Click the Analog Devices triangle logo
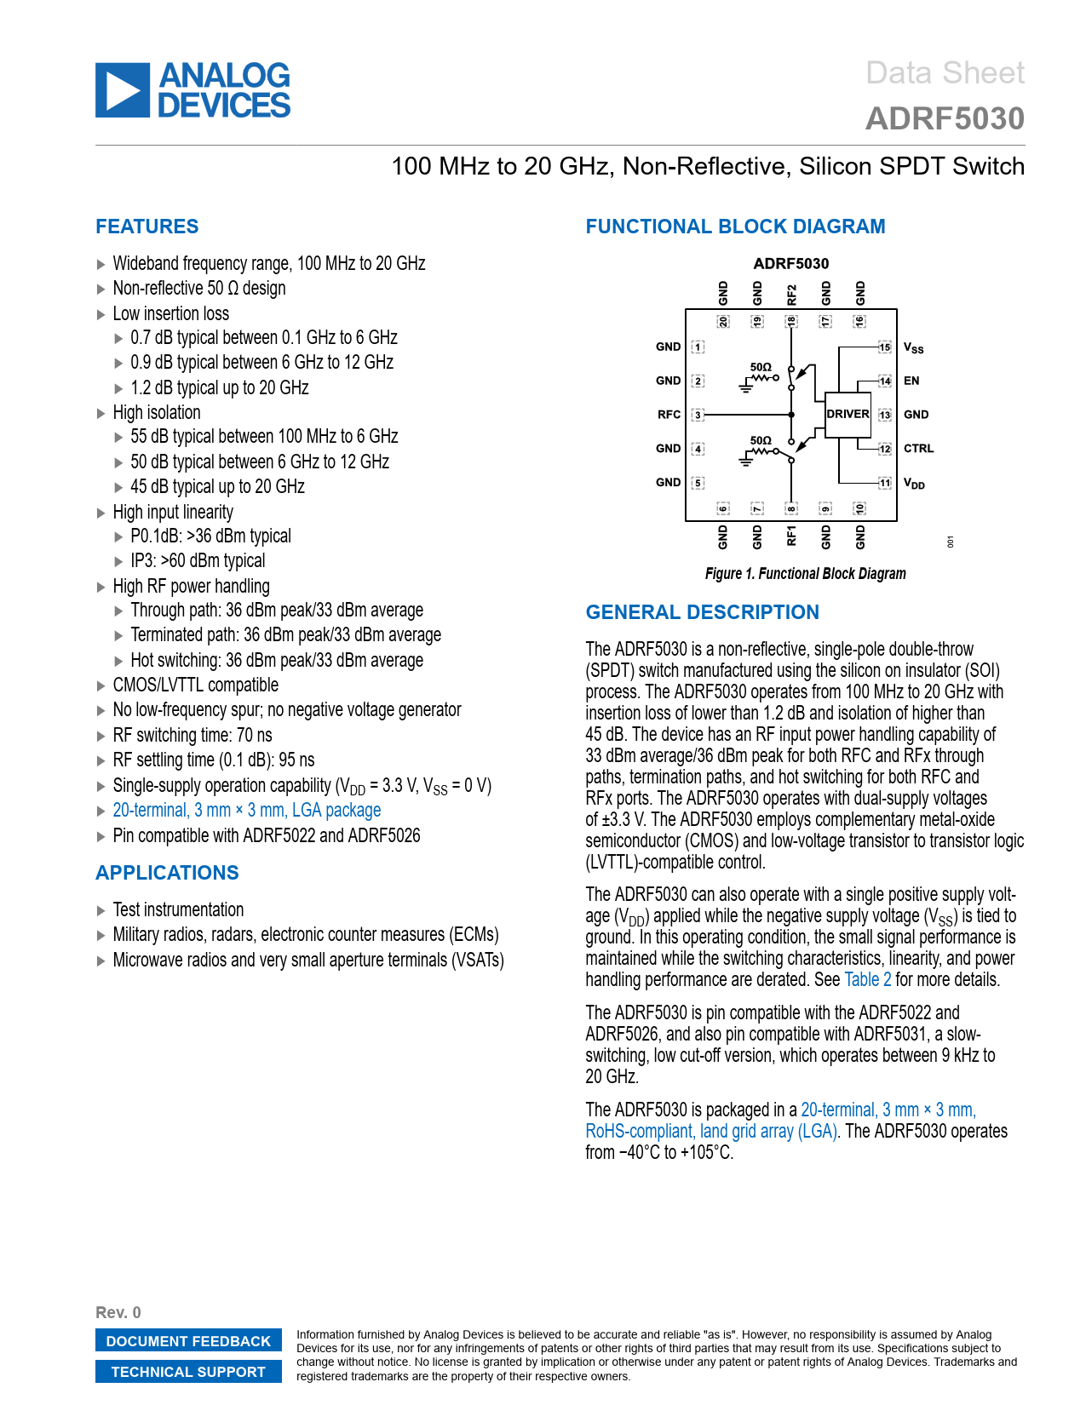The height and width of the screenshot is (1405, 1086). (123, 90)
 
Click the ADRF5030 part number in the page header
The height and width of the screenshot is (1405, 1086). (945, 119)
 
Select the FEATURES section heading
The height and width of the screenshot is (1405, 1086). (147, 227)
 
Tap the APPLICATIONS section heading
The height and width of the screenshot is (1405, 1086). (167, 873)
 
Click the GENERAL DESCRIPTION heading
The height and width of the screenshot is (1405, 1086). (702, 612)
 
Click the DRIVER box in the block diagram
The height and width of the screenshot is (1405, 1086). (848, 415)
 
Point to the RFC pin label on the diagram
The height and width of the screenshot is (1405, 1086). (669, 415)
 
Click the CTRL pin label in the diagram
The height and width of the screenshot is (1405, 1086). (918, 449)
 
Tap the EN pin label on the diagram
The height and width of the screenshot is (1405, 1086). (911, 381)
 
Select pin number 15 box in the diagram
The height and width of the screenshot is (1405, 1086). (885, 347)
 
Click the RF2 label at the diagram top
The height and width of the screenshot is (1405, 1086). (791, 295)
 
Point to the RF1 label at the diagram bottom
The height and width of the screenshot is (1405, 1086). (791, 536)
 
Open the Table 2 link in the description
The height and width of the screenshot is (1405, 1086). (867, 980)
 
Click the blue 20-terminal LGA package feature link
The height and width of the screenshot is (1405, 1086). (246, 811)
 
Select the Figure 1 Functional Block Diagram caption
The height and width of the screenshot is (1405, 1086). (805, 574)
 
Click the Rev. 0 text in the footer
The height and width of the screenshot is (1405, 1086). (118, 1312)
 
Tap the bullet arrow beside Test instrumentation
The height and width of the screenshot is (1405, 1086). (101, 910)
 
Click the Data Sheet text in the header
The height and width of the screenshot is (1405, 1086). (945, 73)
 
